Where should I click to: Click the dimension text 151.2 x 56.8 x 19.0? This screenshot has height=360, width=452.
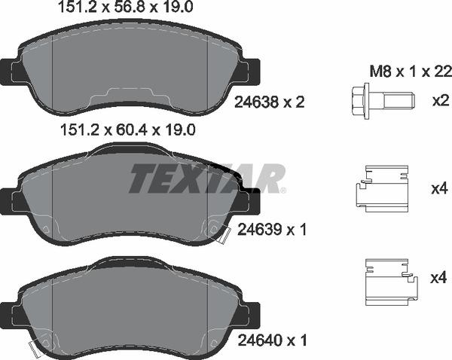127,8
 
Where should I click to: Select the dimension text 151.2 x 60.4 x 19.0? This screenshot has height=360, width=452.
127,130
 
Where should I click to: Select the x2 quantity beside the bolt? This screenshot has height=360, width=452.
438,100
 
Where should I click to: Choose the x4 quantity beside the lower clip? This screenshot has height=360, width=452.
438,278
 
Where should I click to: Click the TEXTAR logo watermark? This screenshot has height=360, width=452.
207,178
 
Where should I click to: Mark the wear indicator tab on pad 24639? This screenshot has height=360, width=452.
220,234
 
